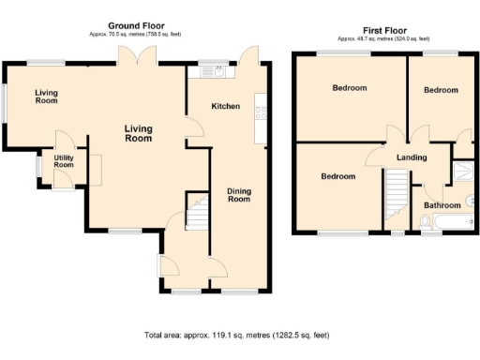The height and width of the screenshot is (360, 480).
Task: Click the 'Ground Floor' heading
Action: click(x=139, y=27)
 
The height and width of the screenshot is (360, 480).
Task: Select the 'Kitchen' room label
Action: click(x=225, y=107)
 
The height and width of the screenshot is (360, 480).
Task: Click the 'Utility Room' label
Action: click(x=64, y=161)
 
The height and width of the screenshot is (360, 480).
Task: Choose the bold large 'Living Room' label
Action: click(x=139, y=133)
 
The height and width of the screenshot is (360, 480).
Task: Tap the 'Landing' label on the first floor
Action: click(x=412, y=157)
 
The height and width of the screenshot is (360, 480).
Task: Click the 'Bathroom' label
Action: click(x=442, y=204)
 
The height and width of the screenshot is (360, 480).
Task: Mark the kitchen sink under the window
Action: click(x=207, y=71)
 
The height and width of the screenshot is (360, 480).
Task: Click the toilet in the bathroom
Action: click(x=424, y=221)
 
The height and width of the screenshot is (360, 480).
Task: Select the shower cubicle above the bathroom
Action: click(x=461, y=170)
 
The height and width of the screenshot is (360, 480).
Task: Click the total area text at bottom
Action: click(x=237, y=335)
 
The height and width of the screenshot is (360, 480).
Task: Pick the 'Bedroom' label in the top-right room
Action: click(x=440, y=90)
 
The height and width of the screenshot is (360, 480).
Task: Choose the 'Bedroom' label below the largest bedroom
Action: click(x=337, y=176)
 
